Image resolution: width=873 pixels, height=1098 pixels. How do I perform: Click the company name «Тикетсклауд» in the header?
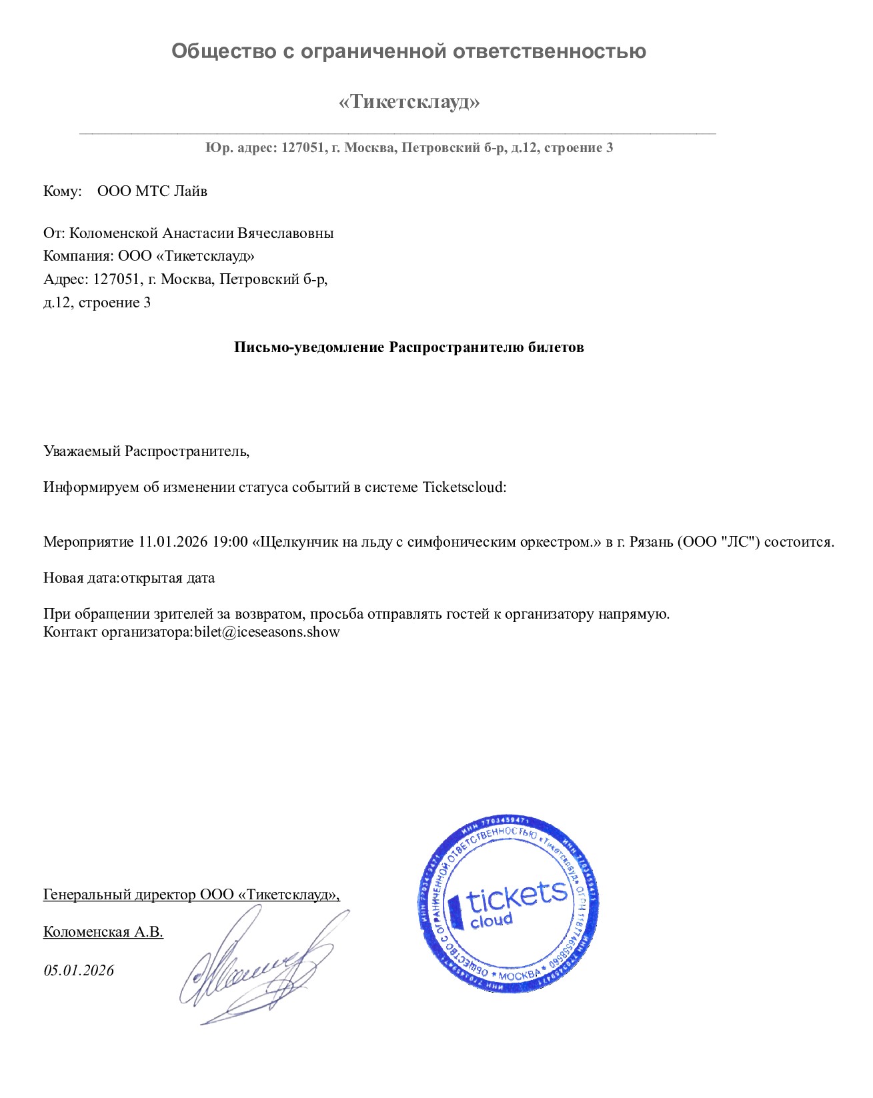coord(409,102)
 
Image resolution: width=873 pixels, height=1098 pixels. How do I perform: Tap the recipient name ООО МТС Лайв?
coord(152,191)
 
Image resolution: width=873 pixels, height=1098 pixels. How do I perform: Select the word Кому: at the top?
coord(62,191)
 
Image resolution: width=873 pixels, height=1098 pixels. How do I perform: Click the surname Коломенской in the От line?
coord(115,233)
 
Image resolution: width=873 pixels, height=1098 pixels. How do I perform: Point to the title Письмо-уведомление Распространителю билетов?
coord(409,347)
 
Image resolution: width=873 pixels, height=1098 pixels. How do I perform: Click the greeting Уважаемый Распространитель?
coord(146,451)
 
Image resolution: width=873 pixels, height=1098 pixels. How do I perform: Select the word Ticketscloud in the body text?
coord(464,487)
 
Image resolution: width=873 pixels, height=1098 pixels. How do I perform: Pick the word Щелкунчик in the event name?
coord(291,542)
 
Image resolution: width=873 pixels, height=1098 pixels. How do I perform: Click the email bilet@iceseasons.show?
coord(267,632)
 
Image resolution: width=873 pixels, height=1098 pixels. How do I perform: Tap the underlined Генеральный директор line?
coord(191,895)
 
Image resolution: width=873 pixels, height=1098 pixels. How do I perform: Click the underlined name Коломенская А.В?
coord(103,932)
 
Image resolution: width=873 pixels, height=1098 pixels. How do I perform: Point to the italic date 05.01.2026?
coord(79,971)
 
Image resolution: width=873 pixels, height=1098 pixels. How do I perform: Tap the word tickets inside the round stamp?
coord(517,897)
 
